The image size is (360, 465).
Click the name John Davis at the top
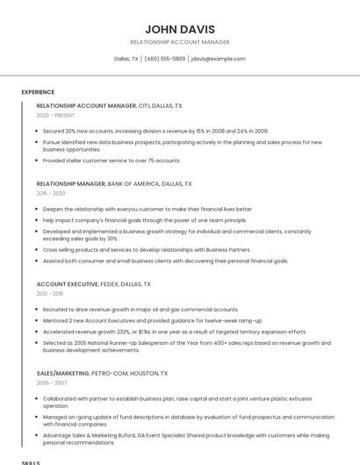(x=180, y=29)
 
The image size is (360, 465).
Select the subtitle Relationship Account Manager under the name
(x=180, y=42)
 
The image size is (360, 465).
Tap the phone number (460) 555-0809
(x=165, y=59)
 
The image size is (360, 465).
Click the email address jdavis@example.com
(x=219, y=59)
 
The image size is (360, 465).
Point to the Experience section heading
(x=38, y=92)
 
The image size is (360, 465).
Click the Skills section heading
(x=31, y=461)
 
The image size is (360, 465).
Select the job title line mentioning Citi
(x=110, y=105)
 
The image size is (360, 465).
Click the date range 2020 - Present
(x=56, y=115)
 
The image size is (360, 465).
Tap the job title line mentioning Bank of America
(x=114, y=184)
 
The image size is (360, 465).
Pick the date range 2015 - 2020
(x=51, y=193)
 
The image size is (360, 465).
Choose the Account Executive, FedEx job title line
(x=94, y=284)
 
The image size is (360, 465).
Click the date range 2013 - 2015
(x=51, y=294)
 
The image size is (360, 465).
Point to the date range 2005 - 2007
(x=51, y=383)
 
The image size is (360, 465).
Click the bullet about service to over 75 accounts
(x=112, y=161)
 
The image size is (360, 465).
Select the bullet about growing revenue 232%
(x=175, y=332)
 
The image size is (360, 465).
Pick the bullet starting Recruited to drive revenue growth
(x=140, y=310)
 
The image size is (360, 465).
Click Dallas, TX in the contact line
(x=126, y=59)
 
